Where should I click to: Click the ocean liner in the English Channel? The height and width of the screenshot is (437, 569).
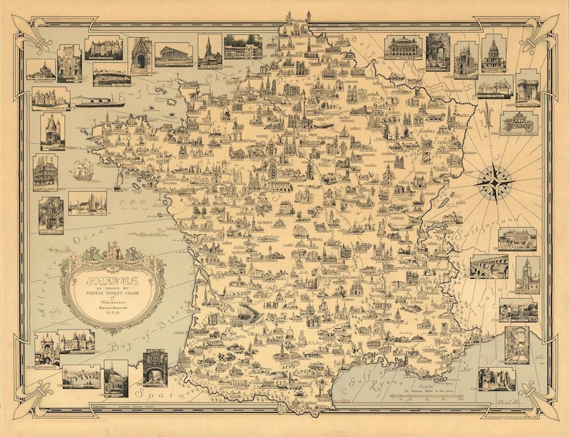click(100, 102)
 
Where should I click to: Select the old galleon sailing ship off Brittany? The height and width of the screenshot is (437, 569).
click(82, 172)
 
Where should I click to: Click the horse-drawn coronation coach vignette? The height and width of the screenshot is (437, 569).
click(517, 123)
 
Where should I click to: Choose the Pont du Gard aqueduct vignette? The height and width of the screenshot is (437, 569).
click(489, 266)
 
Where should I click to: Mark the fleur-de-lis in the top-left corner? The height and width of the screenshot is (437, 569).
click(35, 35)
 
